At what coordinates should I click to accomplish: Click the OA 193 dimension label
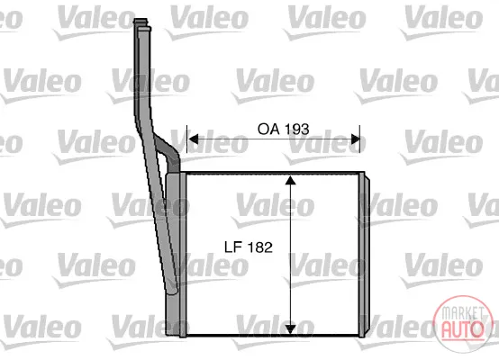click(x=283, y=129)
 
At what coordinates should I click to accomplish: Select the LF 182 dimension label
click(x=249, y=247)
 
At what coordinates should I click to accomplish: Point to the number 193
click(x=296, y=129)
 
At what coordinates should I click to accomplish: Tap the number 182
click(x=259, y=247)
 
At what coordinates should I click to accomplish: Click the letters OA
click(x=268, y=129)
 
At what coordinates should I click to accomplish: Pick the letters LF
click(x=233, y=247)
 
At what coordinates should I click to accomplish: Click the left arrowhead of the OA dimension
click(x=193, y=139)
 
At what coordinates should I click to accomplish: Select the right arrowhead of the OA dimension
click(x=355, y=139)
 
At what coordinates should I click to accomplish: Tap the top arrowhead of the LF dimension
click(x=290, y=180)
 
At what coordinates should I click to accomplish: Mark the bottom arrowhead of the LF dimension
click(x=290, y=329)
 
